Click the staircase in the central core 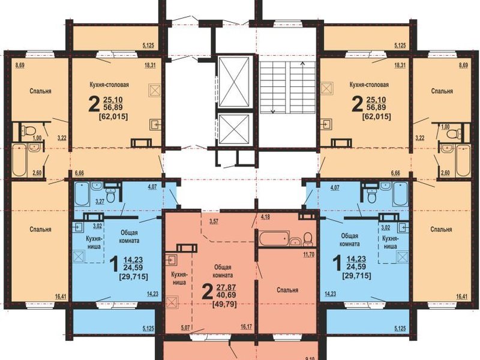(x=287, y=87)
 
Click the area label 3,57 (x=214, y=221)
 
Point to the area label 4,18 (x=265, y=218)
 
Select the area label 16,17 (x=246, y=327)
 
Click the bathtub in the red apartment (x=274, y=238)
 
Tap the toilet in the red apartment (x=307, y=239)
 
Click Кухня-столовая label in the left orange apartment (x=109, y=85)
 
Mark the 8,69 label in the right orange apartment (x=463, y=65)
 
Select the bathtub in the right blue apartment (x=400, y=193)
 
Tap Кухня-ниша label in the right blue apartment (x=390, y=242)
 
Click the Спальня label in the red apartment (x=287, y=290)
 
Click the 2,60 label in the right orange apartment (x=445, y=173)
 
